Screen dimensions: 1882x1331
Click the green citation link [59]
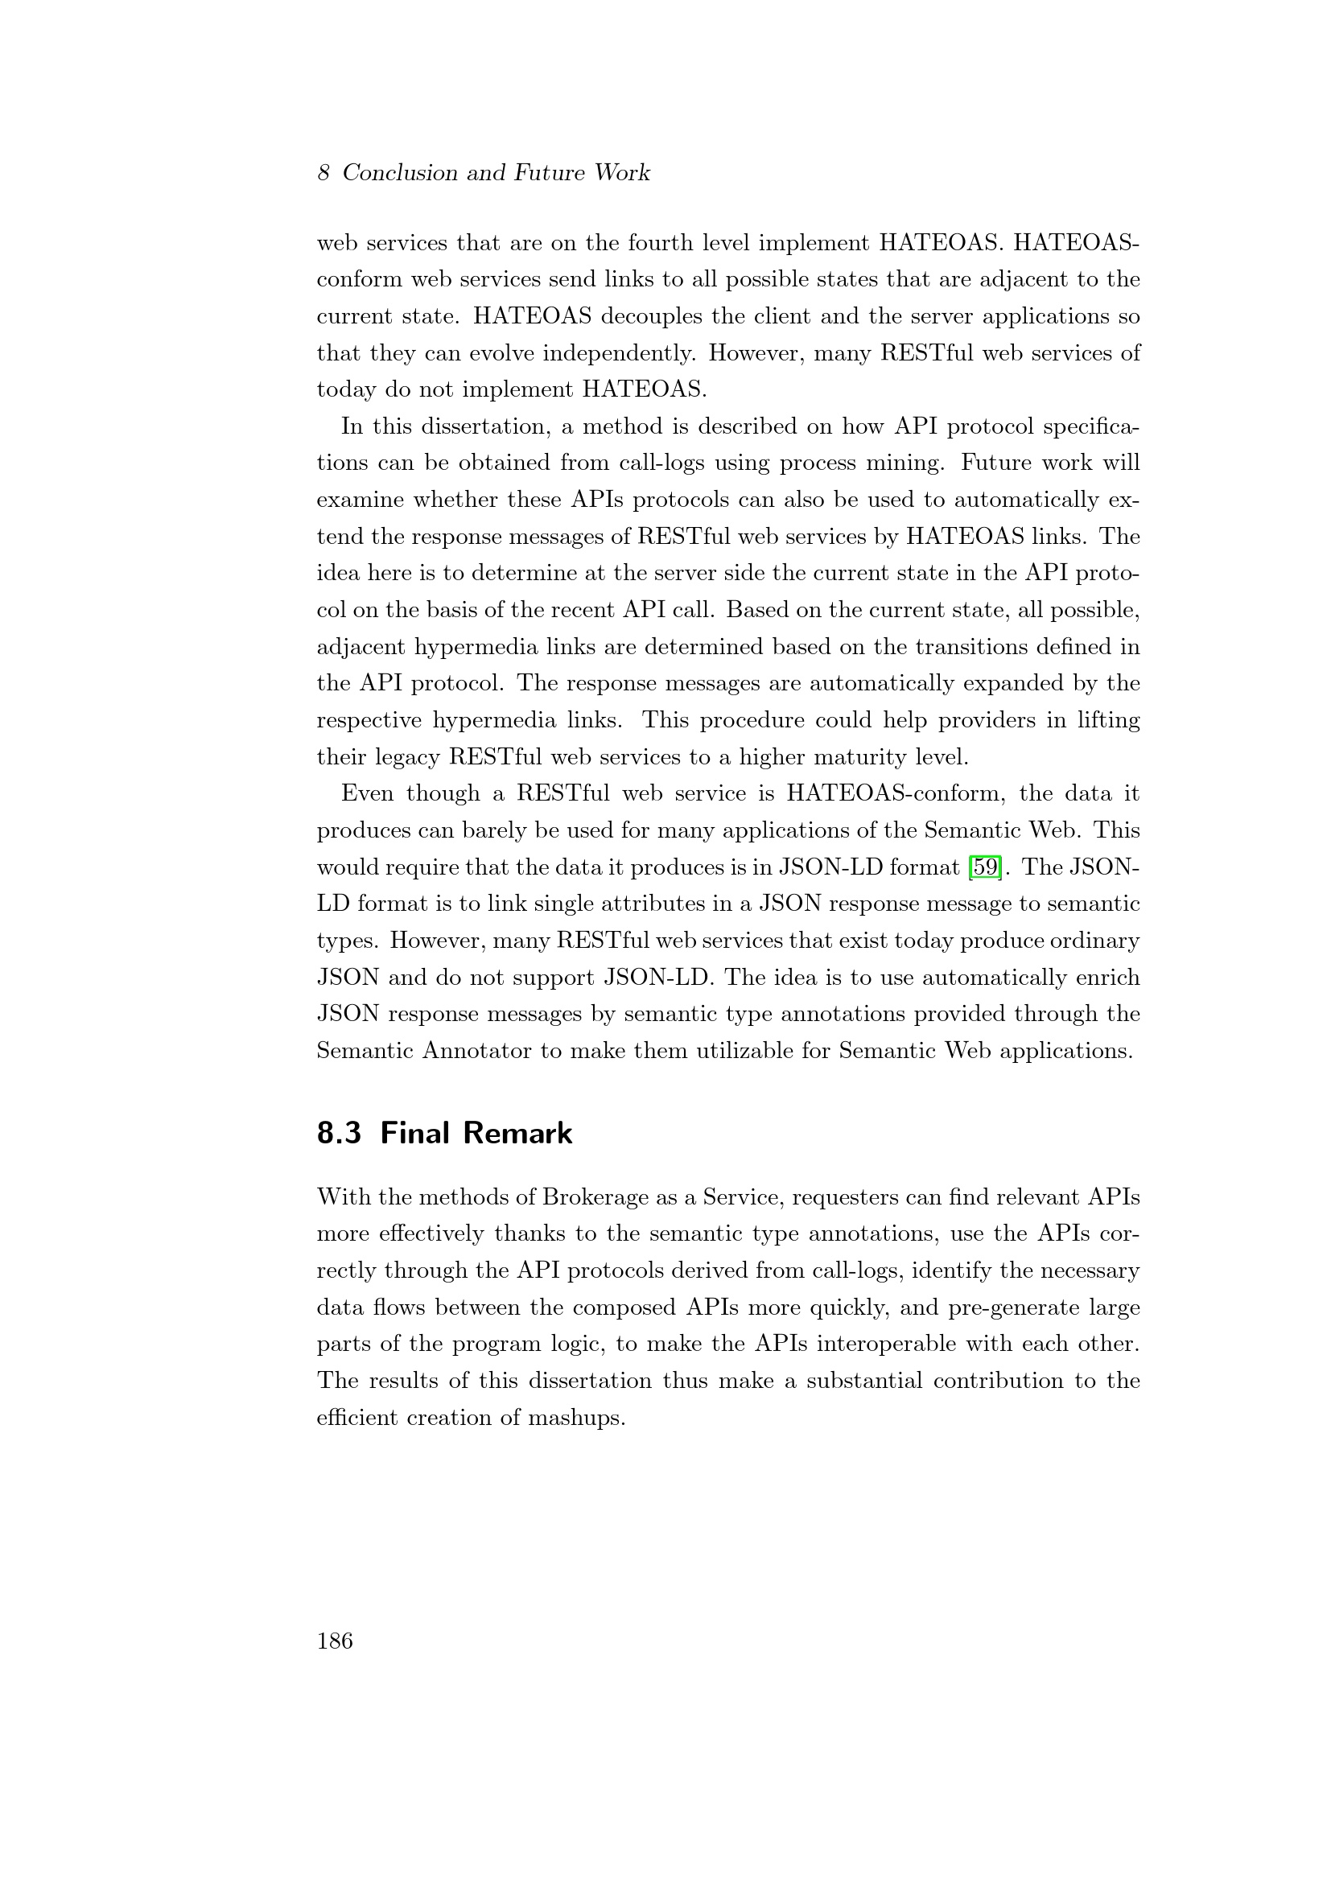pyautogui.click(x=984, y=867)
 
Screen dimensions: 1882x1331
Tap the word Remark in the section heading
pyautogui.click(x=517, y=1133)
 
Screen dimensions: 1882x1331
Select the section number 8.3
pyautogui.click(x=340, y=1133)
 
